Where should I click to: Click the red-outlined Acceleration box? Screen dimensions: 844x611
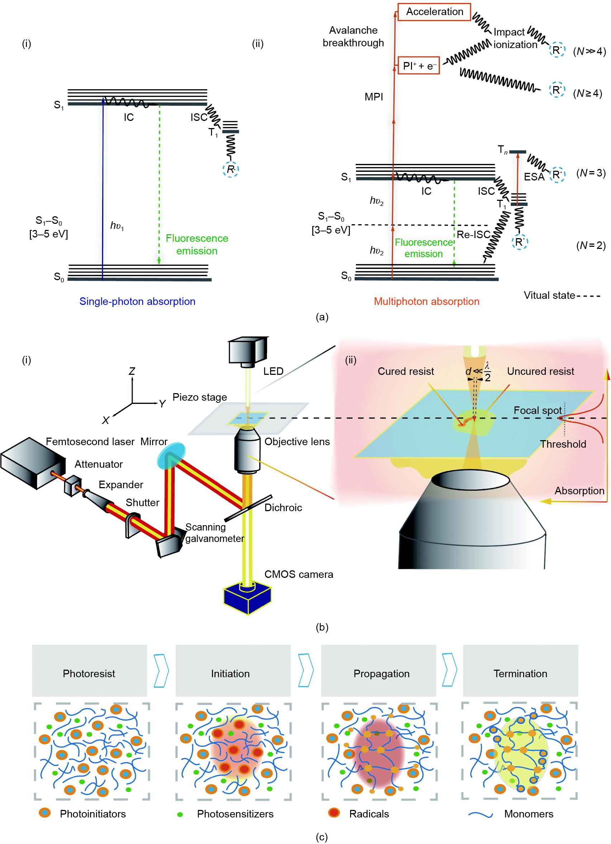(x=434, y=12)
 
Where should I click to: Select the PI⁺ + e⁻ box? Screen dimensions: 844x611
(x=418, y=66)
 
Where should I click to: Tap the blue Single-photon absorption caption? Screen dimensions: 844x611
(x=137, y=301)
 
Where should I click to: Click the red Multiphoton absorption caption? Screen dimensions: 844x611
(x=426, y=301)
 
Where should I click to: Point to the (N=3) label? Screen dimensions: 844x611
(x=591, y=173)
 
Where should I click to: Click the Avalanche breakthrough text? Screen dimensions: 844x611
(x=353, y=37)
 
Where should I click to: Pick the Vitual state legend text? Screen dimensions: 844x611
(x=549, y=296)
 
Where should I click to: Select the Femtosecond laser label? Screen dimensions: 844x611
(x=90, y=442)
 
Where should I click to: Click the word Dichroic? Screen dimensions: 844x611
(x=283, y=508)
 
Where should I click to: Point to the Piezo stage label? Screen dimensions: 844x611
(x=199, y=397)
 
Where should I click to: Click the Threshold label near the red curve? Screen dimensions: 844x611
(x=563, y=444)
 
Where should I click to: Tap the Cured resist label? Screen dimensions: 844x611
(x=406, y=371)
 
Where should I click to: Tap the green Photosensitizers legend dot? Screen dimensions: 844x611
(x=180, y=814)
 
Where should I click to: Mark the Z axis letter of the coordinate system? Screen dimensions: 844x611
(x=132, y=371)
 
